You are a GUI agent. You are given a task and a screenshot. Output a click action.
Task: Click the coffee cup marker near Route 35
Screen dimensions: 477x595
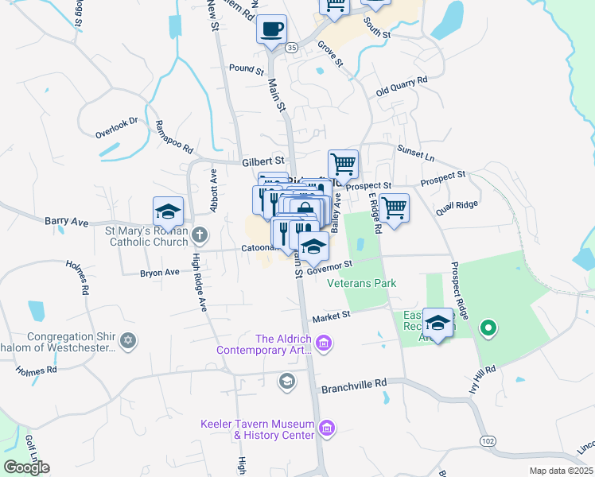point(271,30)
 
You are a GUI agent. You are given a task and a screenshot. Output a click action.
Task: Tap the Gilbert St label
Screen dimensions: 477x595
point(262,161)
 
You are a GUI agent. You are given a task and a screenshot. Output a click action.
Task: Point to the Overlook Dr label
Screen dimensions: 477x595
point(117,122)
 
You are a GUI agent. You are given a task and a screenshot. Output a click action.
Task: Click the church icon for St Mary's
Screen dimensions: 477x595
point(199,235)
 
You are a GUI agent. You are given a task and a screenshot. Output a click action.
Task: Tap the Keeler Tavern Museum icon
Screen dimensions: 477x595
point(326,429)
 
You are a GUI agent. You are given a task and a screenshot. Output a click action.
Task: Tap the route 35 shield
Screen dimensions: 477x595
point(292,48)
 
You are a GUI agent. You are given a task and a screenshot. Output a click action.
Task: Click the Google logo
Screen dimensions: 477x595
point(26,467)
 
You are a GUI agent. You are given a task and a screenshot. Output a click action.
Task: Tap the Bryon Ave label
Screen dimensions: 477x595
point(160,272)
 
